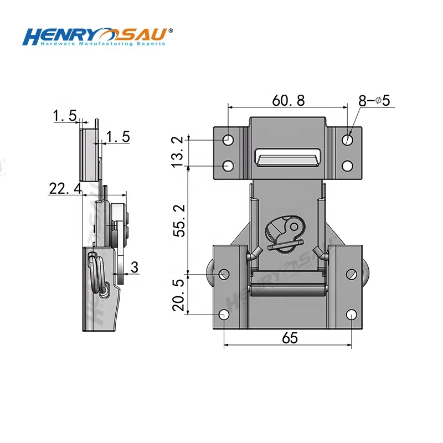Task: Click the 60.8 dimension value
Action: (288, 100)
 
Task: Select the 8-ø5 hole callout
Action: (375, 101)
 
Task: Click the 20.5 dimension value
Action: (178, 295)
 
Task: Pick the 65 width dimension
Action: (289, 337)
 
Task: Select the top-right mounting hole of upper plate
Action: (347, 140)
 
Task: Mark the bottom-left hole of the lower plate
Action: (224, 315)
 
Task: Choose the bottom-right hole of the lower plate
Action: (352, 315)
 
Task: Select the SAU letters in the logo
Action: (145, 35)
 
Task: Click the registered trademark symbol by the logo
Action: (170, 30)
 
